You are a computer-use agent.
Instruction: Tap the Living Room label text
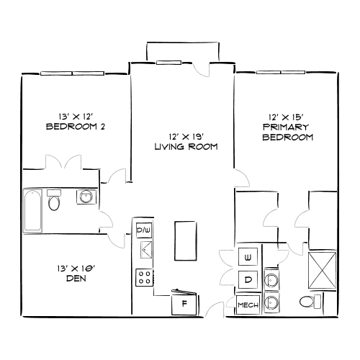click(186, 147)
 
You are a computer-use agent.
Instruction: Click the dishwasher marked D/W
click(143, 230)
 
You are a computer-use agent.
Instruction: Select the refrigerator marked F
click(184, 303)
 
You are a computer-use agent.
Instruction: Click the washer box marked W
click(248, 257)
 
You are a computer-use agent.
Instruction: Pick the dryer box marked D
click(248, 279)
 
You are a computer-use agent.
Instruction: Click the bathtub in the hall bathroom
click(32, 210)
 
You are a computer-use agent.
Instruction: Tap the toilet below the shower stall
click(310, 302)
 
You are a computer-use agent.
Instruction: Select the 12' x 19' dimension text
click(186, 136)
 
